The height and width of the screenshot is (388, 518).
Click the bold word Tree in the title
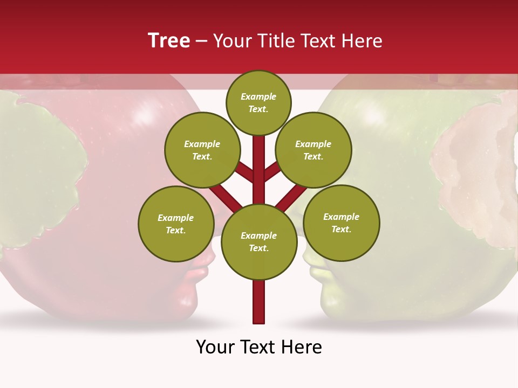[x=169, y=40]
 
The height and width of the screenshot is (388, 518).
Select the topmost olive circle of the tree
[x=258, y=102]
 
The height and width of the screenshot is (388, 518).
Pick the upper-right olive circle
[x=313, y=150]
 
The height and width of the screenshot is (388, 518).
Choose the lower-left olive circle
[x=176, y=224]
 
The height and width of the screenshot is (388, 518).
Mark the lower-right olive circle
[x=342, y=223]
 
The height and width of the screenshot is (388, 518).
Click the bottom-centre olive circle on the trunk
[x=259, y=242]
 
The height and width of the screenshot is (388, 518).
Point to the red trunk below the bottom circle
[x=259, y=302]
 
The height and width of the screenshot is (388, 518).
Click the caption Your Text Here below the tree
[x=259, y=347]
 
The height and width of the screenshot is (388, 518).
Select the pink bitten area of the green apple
[x=475, y=172]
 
